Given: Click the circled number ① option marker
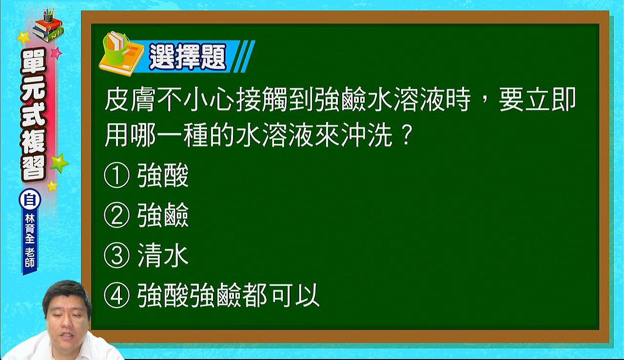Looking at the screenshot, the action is coord(117,175).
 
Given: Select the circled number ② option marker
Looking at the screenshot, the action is coord(117,215).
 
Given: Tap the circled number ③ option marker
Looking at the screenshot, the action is coord(117,255).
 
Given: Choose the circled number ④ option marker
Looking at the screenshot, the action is coord(117,295).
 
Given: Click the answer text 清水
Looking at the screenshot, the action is coord(163,255).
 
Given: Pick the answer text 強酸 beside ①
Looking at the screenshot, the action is coord(163,175).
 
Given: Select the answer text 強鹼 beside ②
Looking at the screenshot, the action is coord(163,215).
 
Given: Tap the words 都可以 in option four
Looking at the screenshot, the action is coord(281,295).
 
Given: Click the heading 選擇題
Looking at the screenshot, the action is coord(188,57).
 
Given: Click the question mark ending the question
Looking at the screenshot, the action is coord(407,135).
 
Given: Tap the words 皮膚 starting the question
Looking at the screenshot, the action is coord(130,99).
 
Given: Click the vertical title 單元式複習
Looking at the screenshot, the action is coord(34,115).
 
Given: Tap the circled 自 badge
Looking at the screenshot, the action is coord(30,200).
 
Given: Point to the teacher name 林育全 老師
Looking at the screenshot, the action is coord(30,241).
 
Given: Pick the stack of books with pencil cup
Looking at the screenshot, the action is coord(48,25).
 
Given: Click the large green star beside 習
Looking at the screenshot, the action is coord(59,163).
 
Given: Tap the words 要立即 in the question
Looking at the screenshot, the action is coord(538,99).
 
